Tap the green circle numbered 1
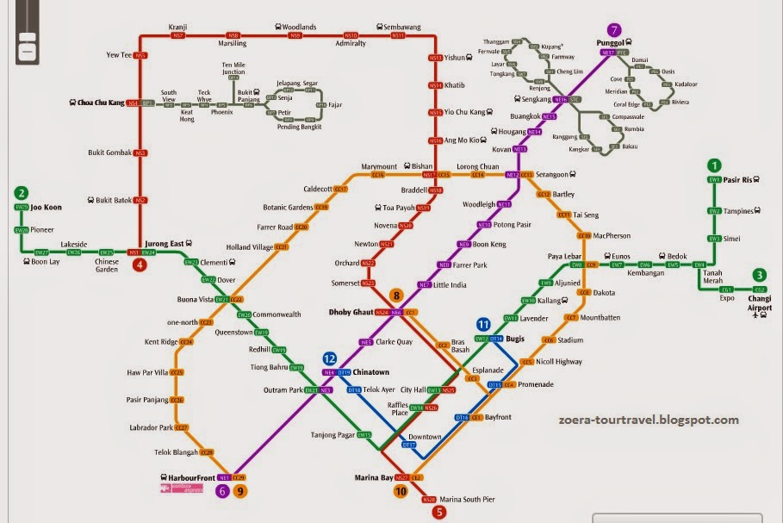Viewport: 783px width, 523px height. coord(713,165)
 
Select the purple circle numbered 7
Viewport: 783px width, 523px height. coord(613,29)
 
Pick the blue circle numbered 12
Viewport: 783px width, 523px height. coord(329,358)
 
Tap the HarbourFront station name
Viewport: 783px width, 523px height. coord(187,476)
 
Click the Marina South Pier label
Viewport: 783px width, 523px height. coord(466,499)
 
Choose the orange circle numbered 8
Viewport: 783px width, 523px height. coord(396,295)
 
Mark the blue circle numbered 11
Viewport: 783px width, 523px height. coord(483,324)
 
